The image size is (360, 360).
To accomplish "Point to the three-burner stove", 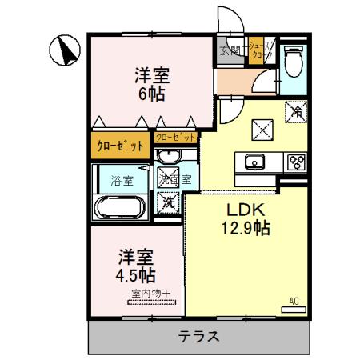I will pyautogui.click(x=296, y=161).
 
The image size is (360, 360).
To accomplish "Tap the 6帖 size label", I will pyautogui.click(x=151, y=92).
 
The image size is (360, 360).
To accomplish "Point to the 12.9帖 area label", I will pyautogui.click(x=246, y=228).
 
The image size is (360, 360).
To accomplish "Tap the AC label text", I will pyautogui.click(x=294, y=301).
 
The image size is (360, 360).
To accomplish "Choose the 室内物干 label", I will pyautogui.click(x=150, y=294).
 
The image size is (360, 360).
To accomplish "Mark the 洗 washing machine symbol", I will pyautogui.click(x=170, y=202).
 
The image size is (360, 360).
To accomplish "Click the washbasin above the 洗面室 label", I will pyautogui.click(x=169, y=156).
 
